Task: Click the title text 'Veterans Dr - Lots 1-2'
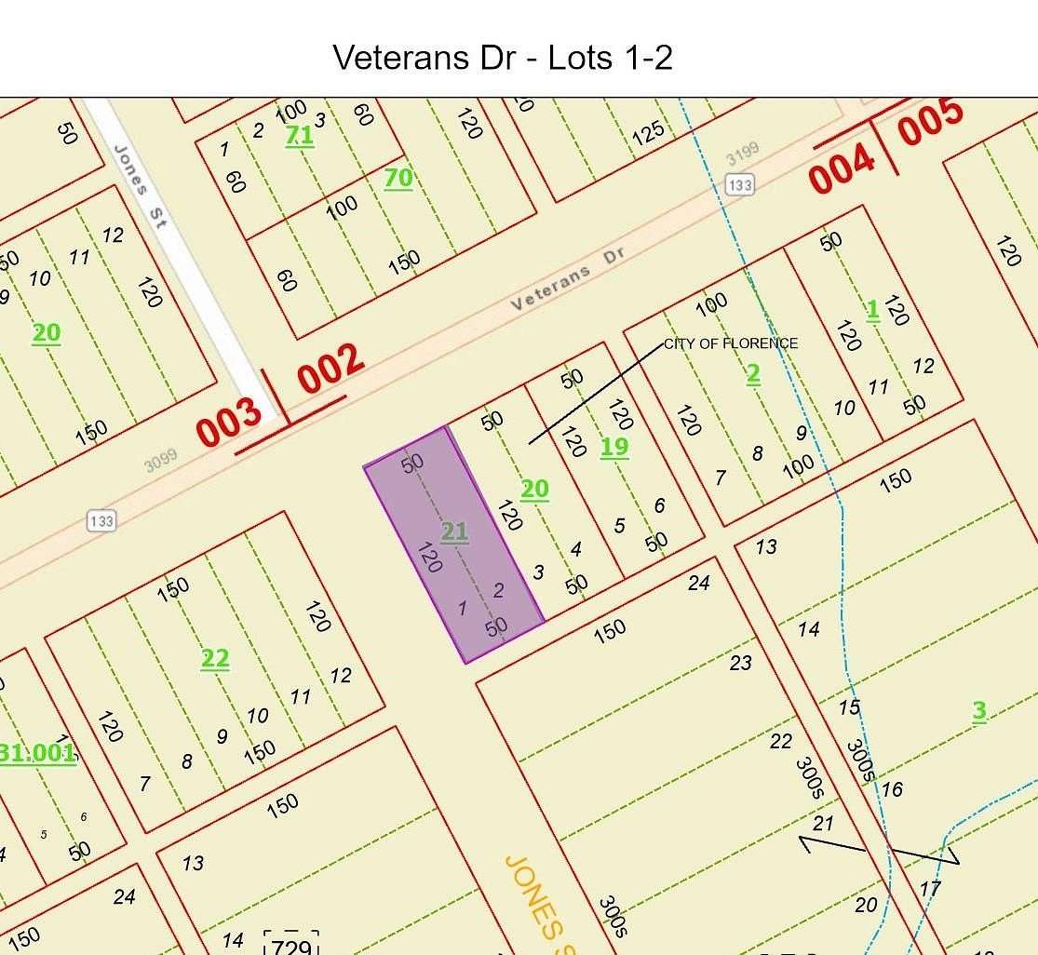click(x=503, y=58)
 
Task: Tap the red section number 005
click(x=930, y=122)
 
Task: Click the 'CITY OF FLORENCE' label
click(x=731, y=343)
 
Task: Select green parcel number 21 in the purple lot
click(x=454, y=531)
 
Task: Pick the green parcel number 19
click(x=613, y=447)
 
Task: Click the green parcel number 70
click(x=398, y=177)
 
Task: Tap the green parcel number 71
click(x=299, y=135)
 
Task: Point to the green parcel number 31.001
click(x=37, y=752)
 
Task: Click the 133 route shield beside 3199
click(x=739, y=185)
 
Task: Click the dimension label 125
click(x=648, y=130)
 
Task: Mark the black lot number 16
click(x=891, y=789)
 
